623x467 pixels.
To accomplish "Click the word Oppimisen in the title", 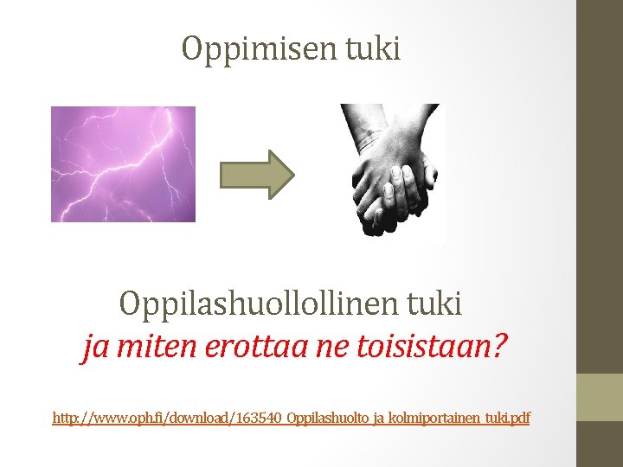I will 251,49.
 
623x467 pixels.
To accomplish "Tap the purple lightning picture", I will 123,163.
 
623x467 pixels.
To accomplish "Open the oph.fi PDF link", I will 291,419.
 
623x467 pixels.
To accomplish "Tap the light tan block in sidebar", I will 599,397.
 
